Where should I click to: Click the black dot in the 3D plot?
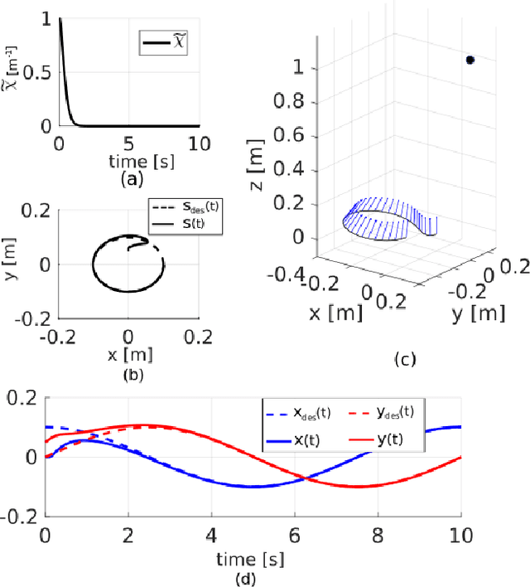click(470, 60)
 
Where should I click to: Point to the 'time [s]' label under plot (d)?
click(252, 557)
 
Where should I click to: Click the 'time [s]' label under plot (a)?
click(128, 160)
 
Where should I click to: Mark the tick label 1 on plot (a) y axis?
click(46, 18)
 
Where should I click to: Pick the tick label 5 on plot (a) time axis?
click(128, 142)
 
